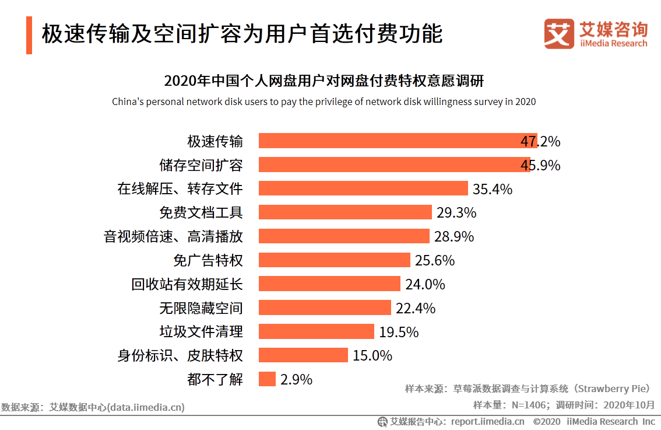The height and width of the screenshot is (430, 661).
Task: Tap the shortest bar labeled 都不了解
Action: coord(267,379)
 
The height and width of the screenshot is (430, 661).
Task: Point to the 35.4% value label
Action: coord(493,189)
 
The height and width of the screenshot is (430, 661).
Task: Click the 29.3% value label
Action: coord(456,213)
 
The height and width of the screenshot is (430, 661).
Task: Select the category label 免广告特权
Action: coord(208,260)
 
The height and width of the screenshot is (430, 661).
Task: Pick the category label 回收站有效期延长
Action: coord(187,284)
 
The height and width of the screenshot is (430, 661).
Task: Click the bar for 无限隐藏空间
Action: coord(325,307)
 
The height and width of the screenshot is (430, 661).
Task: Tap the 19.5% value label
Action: coord(399,332)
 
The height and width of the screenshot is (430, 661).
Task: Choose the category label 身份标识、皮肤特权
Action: coord(180,355)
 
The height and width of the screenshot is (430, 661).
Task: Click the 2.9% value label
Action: coord(296,379)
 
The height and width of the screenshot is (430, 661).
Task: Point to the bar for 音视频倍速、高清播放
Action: coord(344,236)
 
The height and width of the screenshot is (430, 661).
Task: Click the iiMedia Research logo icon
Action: coord(559,34)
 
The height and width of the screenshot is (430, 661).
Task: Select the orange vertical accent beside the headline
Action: coord(29,36)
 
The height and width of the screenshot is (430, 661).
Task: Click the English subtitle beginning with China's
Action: coord(324,102)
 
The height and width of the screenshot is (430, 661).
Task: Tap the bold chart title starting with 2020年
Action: coord(324,80)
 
